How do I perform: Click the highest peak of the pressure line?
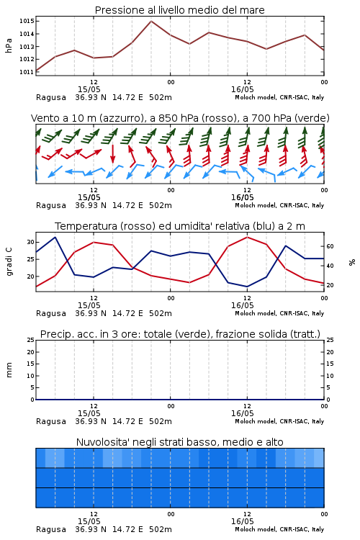coord(151,22)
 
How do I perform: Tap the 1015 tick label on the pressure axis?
coord(27,22)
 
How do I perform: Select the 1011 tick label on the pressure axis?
coord(27,72)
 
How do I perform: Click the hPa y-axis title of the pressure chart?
coord(9,45)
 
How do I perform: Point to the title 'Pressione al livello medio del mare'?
coord(180,10)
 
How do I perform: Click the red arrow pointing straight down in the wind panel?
coord(112,153)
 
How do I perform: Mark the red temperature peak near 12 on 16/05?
coord(248,238)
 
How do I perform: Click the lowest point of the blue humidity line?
coord(248,287)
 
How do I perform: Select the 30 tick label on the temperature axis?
coord(31,242)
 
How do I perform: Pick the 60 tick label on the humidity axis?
coord(330,246)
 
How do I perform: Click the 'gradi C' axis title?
coord(9,262)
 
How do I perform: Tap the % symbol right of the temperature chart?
coord(352,262)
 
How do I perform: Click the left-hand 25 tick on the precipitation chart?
coord(31,340)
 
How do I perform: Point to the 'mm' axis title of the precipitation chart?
coord(9,370)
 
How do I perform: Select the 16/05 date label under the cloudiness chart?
coord(242,521)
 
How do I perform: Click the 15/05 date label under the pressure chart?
coord(89,89)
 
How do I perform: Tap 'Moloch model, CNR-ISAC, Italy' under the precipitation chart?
coord(279,421)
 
